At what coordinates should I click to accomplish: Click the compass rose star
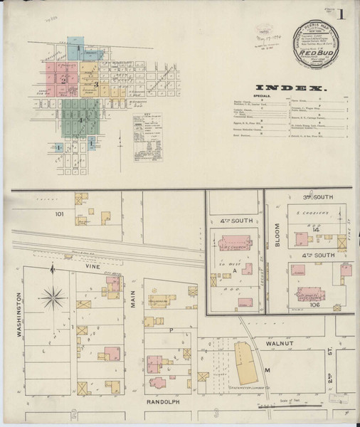(x=53, y=297)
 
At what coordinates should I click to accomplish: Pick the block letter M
(x=268, y=371)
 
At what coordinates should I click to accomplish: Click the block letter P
(x=171, y=330)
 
